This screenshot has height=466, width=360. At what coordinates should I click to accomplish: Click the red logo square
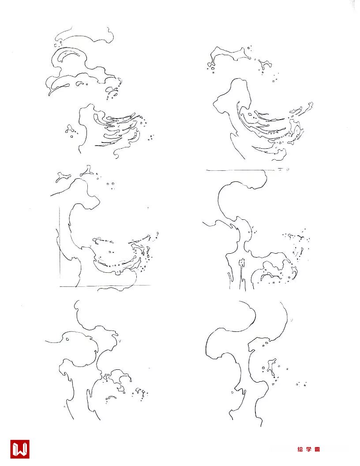pos(19,449)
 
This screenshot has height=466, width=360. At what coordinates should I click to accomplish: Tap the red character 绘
pos(300,449)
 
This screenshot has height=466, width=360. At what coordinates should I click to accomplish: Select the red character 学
pos(309,449)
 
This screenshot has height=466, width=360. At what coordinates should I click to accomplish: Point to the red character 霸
pos(317,449)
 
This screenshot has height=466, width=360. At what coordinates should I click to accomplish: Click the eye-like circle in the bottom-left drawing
pos(68,339)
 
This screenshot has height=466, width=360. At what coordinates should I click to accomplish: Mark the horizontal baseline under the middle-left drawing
pos(105,286)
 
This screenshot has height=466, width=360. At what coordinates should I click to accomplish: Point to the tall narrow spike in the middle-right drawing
pos(241,274)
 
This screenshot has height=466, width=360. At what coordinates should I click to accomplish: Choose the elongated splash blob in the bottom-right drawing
pos(270,368)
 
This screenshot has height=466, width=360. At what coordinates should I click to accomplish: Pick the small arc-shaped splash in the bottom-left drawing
pos(111,397)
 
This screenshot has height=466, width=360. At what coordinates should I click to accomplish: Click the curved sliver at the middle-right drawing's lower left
pos(229,279)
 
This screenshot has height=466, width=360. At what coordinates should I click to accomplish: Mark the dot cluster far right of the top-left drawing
pos(151,137)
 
